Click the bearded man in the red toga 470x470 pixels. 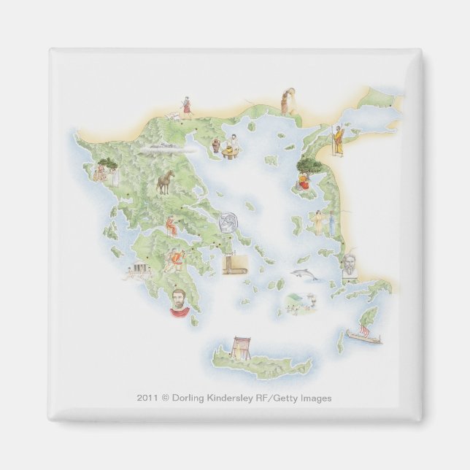tap(177, 301)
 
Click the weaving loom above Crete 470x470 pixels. tap(239, 344)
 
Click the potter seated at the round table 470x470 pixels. tap(234, 145)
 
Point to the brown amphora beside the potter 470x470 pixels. tap(217, 146)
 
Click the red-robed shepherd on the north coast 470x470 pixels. tap(187, 107)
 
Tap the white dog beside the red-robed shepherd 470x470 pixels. tap(173, 116)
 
